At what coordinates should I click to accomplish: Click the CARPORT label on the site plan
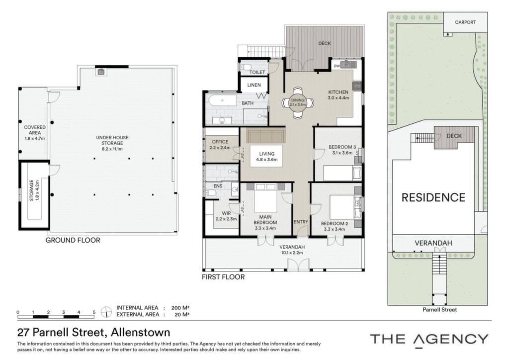[x=465, y=22]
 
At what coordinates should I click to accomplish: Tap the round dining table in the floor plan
[x=298, y=102]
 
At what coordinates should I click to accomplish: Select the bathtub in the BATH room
[x=223, y=100]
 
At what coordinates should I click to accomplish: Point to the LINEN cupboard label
[x=254, y=85]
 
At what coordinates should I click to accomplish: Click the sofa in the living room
[x=265, y=136]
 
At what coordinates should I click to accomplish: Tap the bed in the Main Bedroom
[x=265, y=198]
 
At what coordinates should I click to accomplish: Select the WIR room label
[x=226, y=213]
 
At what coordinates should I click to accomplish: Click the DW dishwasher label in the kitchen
[x=337, y=66]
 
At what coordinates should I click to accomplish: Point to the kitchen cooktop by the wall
[x=357, y=86]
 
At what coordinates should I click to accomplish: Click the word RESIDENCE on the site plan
[x=433, y=197]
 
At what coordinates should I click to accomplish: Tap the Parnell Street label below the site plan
[x=439, y=310]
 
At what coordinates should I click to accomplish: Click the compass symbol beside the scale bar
[x=106, y=312]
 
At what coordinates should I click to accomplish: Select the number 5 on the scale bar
[x=94, y=312]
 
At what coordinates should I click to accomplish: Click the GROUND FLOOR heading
[x=73, y=240]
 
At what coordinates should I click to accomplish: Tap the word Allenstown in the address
[x=141, y=333]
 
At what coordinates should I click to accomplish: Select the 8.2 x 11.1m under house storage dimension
[x=112, y=149]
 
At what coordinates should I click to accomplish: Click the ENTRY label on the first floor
[x=301, y=222]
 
